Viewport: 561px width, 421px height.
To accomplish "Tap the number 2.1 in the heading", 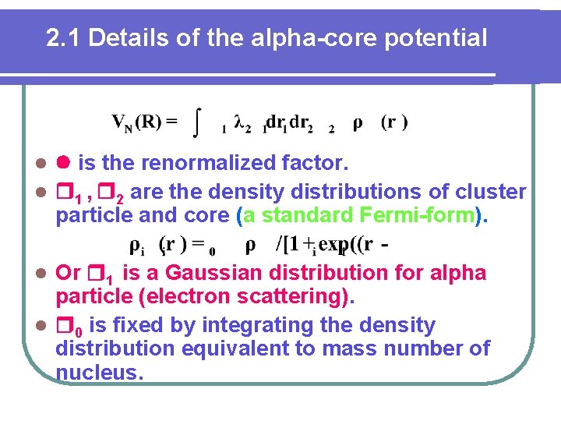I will point(62,37).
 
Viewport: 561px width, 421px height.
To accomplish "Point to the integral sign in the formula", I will point(199,122).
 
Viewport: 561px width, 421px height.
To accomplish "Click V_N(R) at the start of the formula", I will point(144,122).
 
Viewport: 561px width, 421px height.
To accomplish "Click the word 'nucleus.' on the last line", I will point(100,373).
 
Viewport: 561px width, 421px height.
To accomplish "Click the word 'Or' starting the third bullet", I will point(69,273).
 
